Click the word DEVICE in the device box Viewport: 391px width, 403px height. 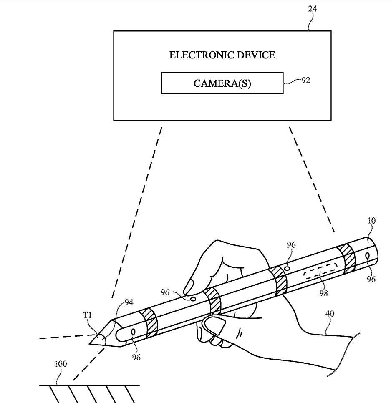point(256,55)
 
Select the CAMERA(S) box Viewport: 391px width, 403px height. point(222,83)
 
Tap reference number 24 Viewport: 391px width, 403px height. point(312,9)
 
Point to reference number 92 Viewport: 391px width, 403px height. point(305,80)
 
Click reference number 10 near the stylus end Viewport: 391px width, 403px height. point(371,221)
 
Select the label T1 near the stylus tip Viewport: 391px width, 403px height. point(87,315)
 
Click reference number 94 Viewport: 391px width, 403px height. point(129,302)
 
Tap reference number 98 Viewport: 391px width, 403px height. point(323,293)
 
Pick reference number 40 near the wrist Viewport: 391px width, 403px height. point(330,314)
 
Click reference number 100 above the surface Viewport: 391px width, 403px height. point(61,364)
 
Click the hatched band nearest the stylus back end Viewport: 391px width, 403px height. point(347,259)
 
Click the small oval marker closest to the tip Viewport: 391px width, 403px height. point(133,332)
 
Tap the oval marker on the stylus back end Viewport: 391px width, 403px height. point(367,256)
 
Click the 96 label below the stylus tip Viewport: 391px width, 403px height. point(136,357)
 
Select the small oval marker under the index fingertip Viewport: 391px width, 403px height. point(192,299)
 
